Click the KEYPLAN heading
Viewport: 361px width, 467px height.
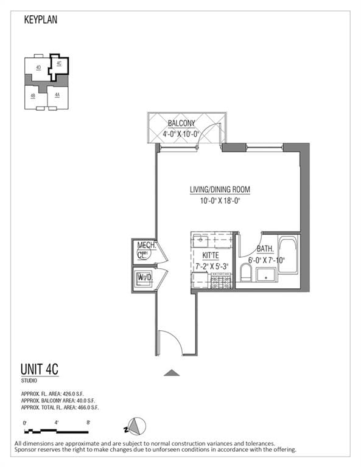pos(41,19)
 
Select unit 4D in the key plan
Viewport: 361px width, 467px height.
pos(38,67)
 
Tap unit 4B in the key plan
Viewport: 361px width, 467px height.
pos(33,95)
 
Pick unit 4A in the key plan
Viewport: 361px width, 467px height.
pos(57,95)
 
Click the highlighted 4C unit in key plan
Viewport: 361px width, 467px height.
pos(59,64)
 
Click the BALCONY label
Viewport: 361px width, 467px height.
pos(181,123)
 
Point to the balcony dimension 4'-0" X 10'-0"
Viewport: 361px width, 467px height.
pos(182,134)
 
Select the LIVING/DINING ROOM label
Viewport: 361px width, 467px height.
pos(220,190)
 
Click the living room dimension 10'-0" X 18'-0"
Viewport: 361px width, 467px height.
pos(220,201)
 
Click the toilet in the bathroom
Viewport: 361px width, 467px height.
pos(246,273)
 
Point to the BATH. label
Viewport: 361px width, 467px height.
pos(265,249)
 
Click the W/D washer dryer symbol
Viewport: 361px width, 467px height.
pos(144,278)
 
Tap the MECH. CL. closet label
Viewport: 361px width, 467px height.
pos(146,250)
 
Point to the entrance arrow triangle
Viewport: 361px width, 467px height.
pos(172,373)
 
